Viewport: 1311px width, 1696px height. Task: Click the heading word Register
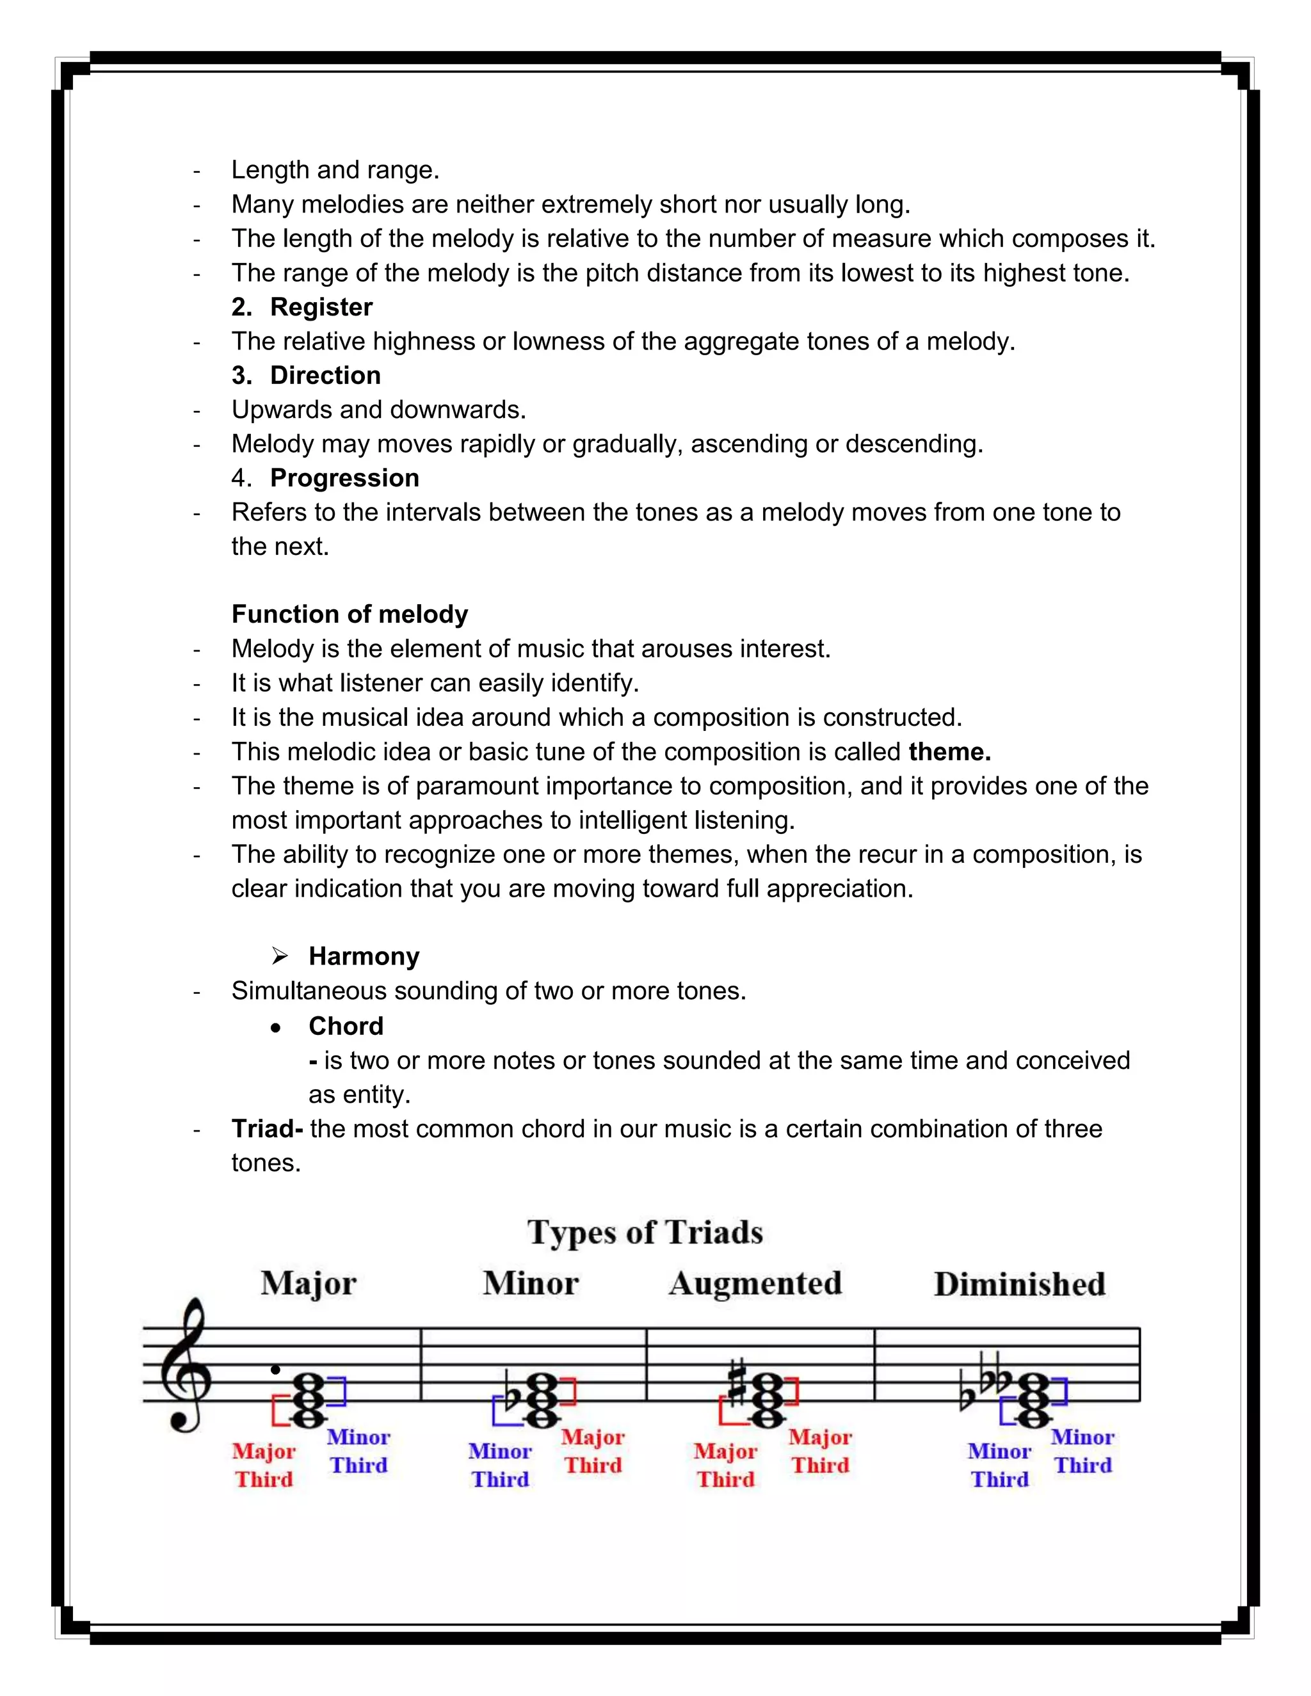point(321,307)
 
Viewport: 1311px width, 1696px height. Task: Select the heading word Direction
point(325,375)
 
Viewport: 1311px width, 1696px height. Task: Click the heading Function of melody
point(350,614)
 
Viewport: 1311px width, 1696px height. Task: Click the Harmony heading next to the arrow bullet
point(364,956)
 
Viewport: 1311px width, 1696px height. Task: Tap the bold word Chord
point(346,1026)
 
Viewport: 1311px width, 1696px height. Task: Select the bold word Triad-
point(266,1128)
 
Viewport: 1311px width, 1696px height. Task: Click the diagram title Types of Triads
point(645,1233)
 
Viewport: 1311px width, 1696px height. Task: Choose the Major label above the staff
point(309,1284)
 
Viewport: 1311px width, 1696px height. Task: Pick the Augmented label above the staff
point(755,1284)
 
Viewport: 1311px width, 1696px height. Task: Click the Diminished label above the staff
point(1019,1284)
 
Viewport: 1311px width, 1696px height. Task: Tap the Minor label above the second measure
point(531,1284)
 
